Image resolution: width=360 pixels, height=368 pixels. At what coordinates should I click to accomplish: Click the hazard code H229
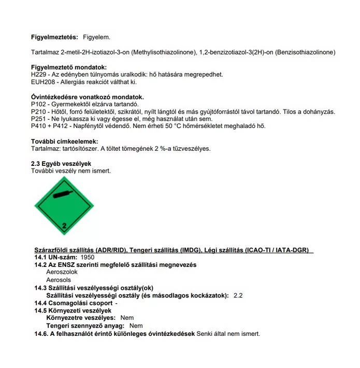coord(39,75)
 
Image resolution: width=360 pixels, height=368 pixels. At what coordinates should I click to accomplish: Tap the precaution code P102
coord(39,104)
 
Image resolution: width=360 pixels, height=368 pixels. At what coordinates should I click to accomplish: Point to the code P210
coord(39,111)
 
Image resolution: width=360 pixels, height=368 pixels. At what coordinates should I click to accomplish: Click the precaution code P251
coord(39,119)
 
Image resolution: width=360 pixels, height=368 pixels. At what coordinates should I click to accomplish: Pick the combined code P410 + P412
coord(50,126)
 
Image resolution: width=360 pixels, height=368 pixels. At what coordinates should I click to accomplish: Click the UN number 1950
coord(88,257)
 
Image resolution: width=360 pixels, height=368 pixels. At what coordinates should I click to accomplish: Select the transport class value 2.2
coord(238,295)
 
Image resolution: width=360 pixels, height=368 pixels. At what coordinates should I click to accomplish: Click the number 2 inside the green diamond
coord(65,226)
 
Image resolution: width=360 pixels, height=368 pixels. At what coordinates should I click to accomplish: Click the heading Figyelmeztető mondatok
coord(69,67)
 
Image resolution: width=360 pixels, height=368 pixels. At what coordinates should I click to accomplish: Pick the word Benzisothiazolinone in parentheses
coord(305,52)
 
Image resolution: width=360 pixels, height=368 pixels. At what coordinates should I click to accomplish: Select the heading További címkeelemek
coord(65,141)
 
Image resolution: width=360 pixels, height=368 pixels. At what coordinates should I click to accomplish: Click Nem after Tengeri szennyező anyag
coord(136,325)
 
